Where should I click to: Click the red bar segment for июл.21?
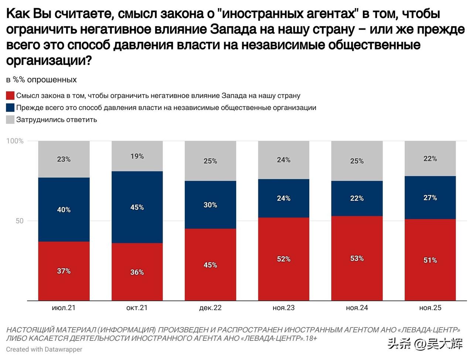pos(64,271)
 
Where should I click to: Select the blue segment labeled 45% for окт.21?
pos(137,207)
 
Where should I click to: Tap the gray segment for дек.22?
pos(210,161)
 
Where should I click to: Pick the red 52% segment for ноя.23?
pos(283,259)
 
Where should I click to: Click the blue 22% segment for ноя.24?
pos(357,198)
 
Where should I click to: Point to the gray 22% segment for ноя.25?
pos(430,158)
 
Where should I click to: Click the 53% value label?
pos(357,258)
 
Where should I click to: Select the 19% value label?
pos(137,156)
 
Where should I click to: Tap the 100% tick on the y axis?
pos(15,141)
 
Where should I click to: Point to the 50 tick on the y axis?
pos(19,221)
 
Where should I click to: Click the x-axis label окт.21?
pos(137,308)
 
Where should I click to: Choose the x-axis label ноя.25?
pos(430,308)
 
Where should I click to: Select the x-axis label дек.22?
pos(210,308)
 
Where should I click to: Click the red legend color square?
pos(10,96)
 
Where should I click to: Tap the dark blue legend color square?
pos(10,107)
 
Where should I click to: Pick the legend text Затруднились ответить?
pos(57,120)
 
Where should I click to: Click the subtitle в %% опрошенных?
pos(41,80)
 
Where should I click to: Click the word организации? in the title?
pos(49,61)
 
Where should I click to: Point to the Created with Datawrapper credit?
pos(44,349)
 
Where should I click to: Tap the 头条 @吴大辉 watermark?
pos(425,344)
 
